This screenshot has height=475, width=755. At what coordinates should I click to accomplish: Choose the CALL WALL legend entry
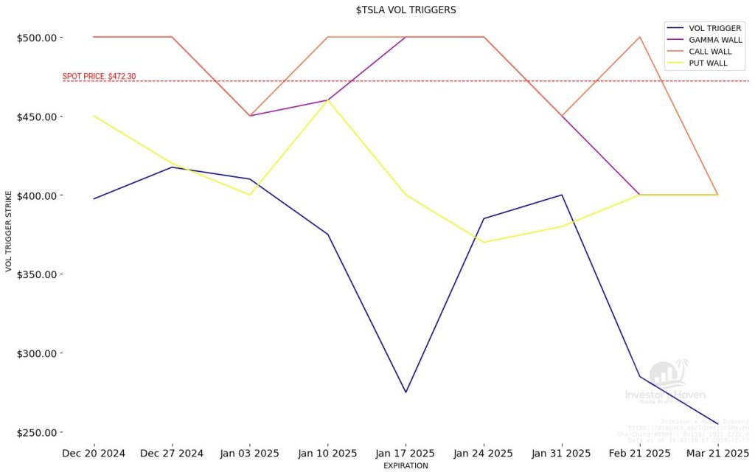(x=710, y=52)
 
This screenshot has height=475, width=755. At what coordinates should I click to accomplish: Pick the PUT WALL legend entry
(x=708, y=63)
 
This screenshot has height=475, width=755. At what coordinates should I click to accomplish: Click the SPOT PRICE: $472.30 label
(x=99, y=76)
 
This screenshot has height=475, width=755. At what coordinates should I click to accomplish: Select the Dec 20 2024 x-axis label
(x=94, y=452)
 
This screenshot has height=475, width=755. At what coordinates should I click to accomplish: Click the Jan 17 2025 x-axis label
(x=406, y=452)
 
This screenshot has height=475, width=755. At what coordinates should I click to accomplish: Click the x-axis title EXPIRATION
(x=406, y=466)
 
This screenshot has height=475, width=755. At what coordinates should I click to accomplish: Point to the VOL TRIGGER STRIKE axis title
(x=10, y=231)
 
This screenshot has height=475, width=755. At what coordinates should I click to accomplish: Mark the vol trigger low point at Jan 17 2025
(x=406, y=392)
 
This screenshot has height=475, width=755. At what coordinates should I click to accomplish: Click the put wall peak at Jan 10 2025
(x=327, y=100)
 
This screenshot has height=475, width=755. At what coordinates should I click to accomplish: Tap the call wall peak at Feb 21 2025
(x=639, y=37)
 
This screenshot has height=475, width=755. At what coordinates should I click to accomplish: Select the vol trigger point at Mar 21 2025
(x=717, y=424)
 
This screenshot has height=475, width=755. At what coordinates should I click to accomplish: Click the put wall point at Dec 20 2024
(x=94, y=116)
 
